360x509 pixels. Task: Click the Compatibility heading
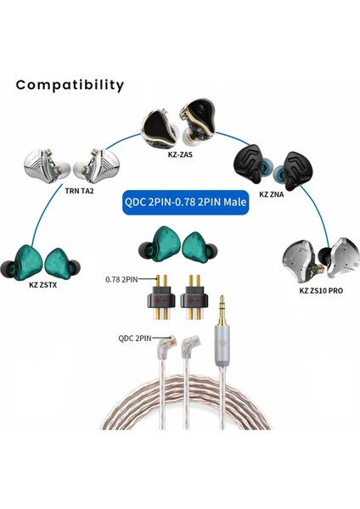[70, 85]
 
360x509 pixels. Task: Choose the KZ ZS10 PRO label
[322, 290]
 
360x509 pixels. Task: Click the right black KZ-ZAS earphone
[200, 117]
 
